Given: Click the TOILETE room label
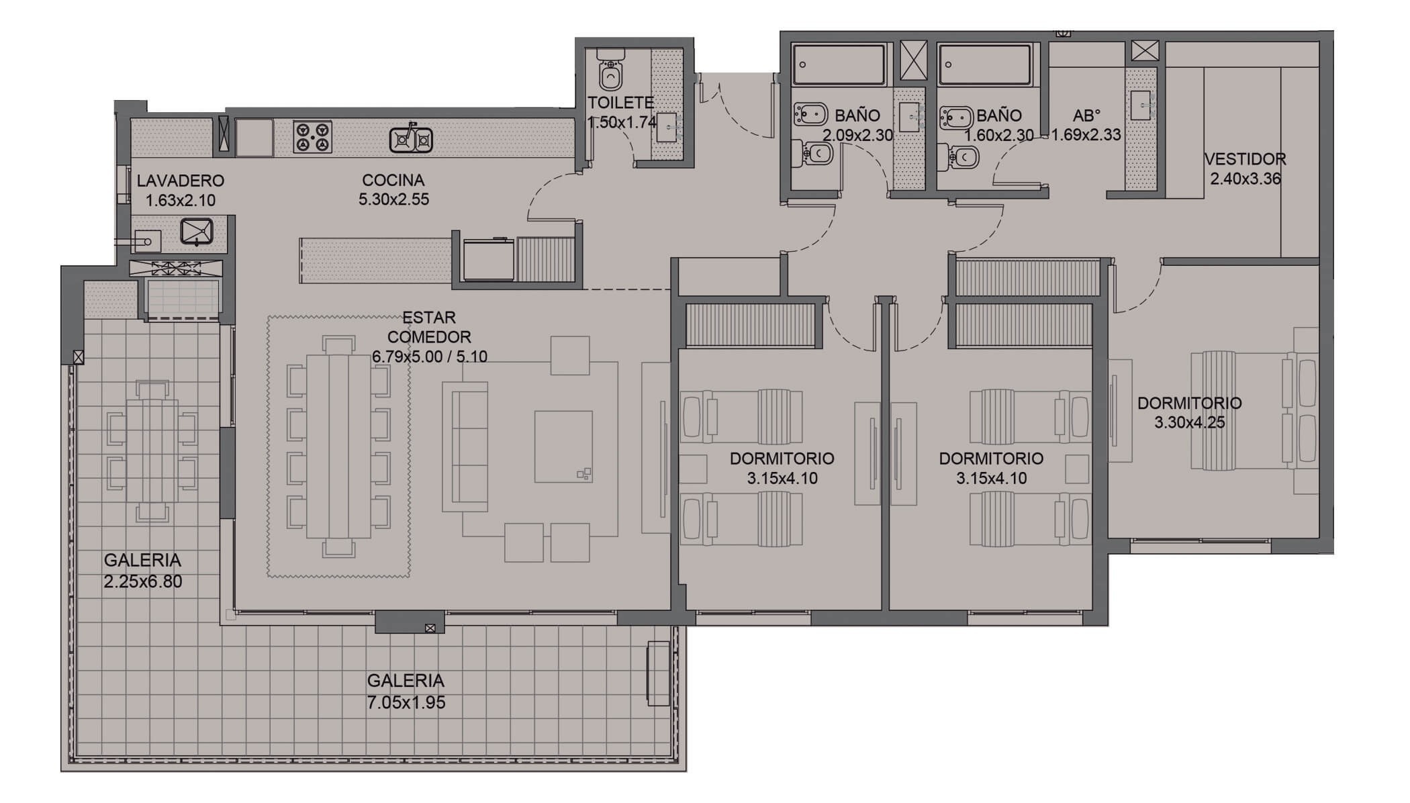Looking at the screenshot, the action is click(x=620, y=103).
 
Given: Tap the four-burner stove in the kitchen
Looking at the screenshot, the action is click(x=312, y=136).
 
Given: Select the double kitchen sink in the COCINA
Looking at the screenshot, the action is click(x=411, y=139).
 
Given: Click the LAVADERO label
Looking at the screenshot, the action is click(x=181, y=181).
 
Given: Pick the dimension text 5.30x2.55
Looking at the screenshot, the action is click(x=393, y=199).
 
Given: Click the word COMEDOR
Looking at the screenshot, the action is click(x=429, y=337).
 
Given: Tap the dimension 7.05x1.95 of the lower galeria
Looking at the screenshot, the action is click(x=406, y=702).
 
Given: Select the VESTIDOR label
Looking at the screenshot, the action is click(x=1245, y=159).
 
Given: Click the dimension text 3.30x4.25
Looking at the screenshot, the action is click(x=1189, y=422).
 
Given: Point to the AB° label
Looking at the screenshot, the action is click(x=1087, y=115).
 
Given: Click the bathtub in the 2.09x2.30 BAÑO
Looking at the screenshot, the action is click(x=839, y=64).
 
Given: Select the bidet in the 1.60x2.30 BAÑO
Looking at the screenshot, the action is click(x=956, y=117).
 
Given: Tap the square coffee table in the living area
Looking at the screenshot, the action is click(x=563, y=446).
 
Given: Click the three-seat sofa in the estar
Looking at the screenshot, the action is click(x=465, y=447).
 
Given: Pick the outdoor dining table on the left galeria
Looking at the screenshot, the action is click(x=152, y=451).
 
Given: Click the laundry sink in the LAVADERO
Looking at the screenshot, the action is click(x=197, y=231).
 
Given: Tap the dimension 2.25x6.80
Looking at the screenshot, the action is click(x=143, y=581).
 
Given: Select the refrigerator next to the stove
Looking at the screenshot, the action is click(x=254, y=138).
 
